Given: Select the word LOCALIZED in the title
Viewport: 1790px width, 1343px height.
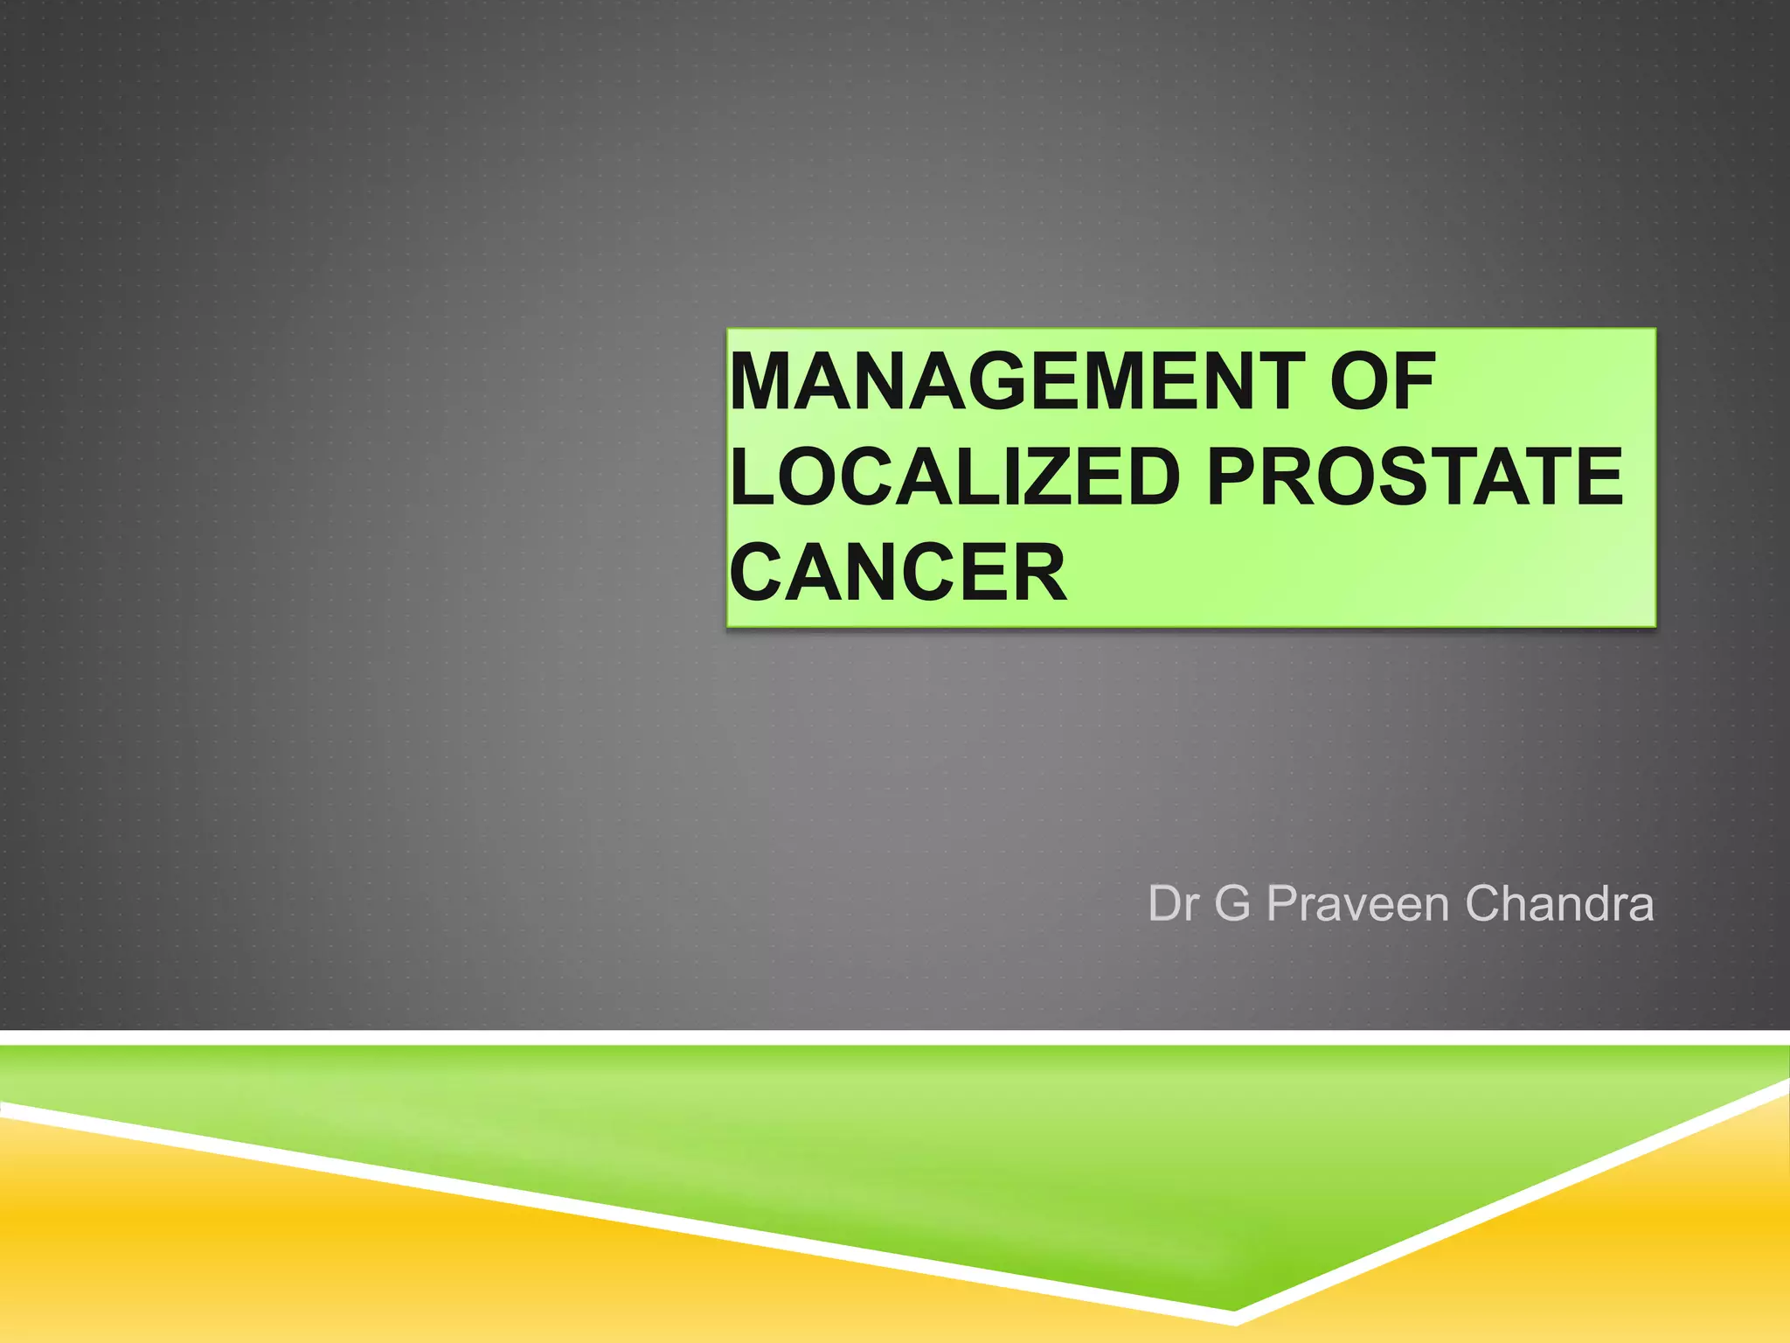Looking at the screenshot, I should click(x=955, y=477).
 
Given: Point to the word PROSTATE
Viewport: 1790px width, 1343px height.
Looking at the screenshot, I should click(x=1414, y=477).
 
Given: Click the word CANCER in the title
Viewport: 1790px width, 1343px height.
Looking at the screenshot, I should click(x=898, y=573).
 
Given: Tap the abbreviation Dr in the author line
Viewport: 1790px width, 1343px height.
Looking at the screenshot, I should click(x=1172, y=904).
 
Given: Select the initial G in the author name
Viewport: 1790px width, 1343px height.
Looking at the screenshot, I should click(x=1232, y=904).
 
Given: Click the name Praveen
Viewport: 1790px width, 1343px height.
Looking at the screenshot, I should click(x=1358, y=904).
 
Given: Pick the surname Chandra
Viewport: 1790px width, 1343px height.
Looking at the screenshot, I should click(x=1559, y=904).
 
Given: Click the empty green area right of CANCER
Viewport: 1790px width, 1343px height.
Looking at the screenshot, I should click(x=1355, y=573).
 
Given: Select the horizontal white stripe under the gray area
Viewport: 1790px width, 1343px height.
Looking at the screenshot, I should click(x=895, y=1037).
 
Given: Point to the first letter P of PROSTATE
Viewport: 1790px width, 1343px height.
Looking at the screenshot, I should click(x=1235, y=477).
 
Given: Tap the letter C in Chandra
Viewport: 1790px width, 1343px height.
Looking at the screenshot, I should click(x=1483, y=904).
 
